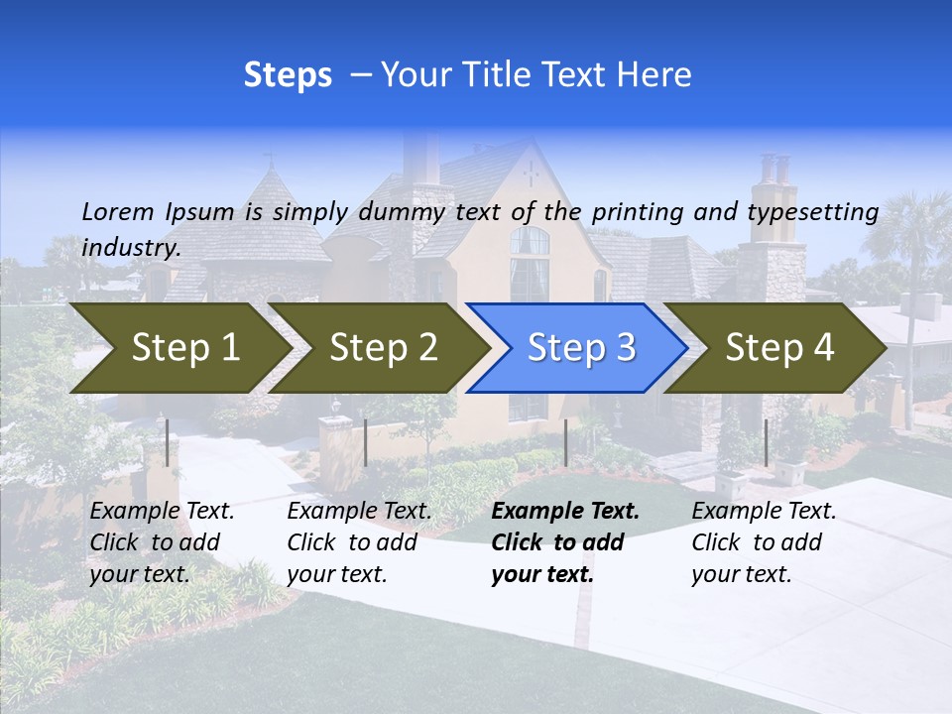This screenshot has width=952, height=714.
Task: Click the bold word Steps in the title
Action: coord(288,75)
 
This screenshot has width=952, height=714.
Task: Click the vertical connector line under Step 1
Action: coord(168,442)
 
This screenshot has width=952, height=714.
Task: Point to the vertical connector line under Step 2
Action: coord(366,442)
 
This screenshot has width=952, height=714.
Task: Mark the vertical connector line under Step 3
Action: coord(565,442)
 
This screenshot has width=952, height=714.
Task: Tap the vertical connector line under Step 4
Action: coord(766,442)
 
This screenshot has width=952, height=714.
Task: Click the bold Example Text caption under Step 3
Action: coord(565,542)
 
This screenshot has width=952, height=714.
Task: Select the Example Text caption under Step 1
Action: coord(162,542)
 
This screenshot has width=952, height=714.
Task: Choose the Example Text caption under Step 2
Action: coord(359,542)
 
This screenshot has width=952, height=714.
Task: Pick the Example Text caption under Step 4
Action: coord(764,542)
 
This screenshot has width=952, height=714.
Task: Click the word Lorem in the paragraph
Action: coord(118,211)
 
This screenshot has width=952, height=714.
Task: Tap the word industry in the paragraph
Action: coord(130,248)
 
